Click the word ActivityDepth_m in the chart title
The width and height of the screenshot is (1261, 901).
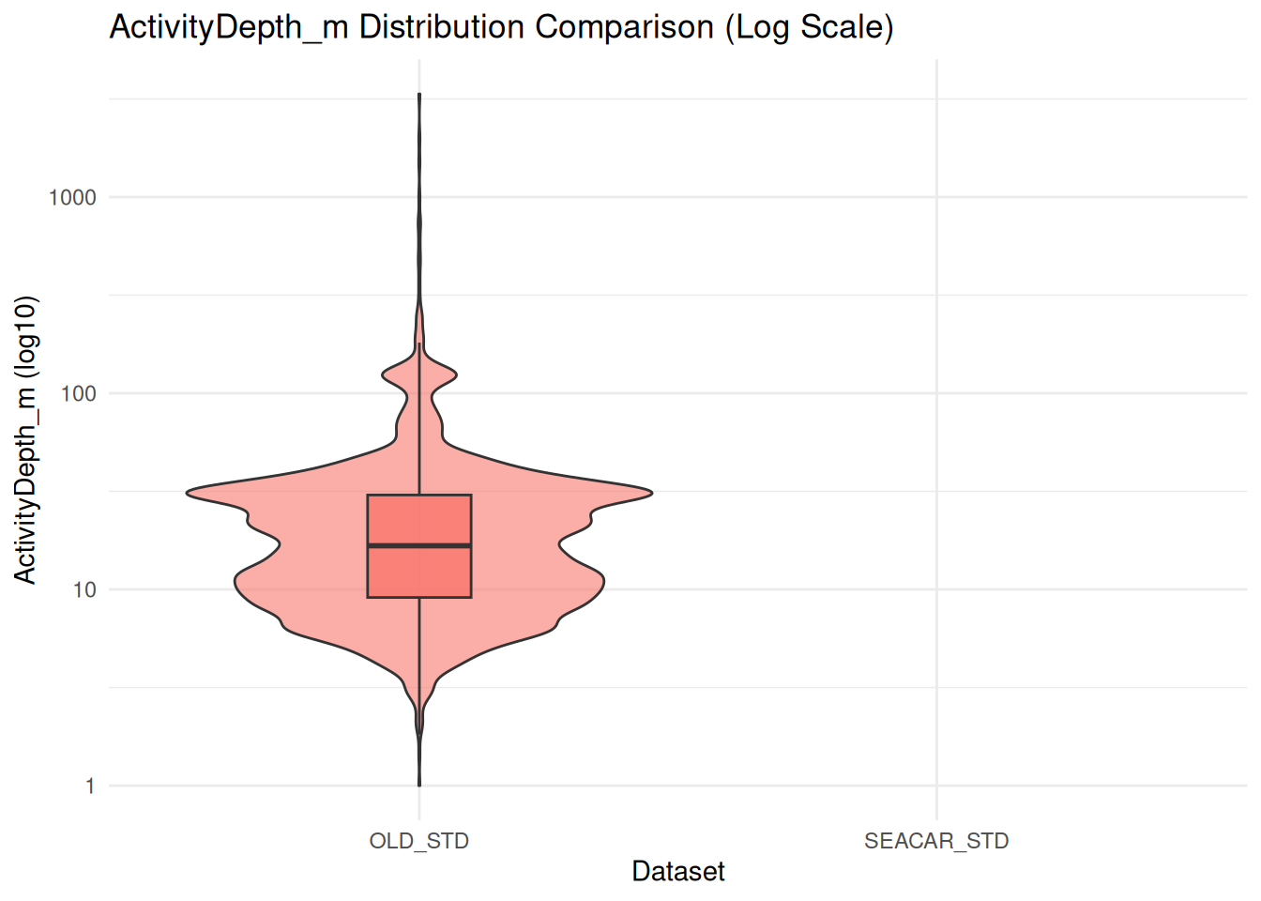(x=229, y=27)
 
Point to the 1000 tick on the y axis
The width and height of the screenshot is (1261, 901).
(x=72, y=197)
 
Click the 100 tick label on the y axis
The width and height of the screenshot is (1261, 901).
(x=78, y=393)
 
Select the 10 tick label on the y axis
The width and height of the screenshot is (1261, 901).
(x=84, y=589)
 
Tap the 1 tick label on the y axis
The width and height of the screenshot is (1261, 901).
(x=90, y=786)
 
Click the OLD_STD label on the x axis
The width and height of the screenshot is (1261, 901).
(x=419, y=841)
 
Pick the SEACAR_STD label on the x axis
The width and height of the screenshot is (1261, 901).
(x=936, y=841)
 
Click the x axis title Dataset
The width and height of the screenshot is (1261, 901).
(x=678, y=872)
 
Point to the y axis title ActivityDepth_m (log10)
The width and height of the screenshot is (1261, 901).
(x=25, y=439)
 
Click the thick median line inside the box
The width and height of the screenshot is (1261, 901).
(x=419, y=545)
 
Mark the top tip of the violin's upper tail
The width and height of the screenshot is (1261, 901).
(x=419, y=95)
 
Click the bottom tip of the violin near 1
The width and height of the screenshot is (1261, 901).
(x=419, y=785)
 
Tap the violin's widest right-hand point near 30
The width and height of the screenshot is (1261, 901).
(x=650, y=492)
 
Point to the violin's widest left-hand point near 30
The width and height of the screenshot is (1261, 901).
(x=189, y=492)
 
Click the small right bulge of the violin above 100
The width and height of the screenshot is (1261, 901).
(x=455, y=375)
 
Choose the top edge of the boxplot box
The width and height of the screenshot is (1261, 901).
(x=419, y=495)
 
